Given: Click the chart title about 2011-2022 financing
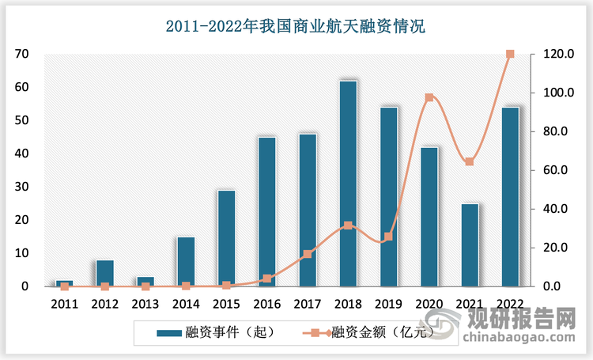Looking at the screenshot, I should [x=296, y=27].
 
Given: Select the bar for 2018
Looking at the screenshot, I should [x=348, y=184].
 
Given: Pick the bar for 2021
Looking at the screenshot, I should [x=470, y=244].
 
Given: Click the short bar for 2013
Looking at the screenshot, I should [x=145, y=282].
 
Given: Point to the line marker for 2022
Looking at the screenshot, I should [x=510, y=54].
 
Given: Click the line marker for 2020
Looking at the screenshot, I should [x=429, y=97].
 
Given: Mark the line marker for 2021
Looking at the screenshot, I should [x=470, y=161].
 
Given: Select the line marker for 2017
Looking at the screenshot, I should [x=308, y=254].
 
